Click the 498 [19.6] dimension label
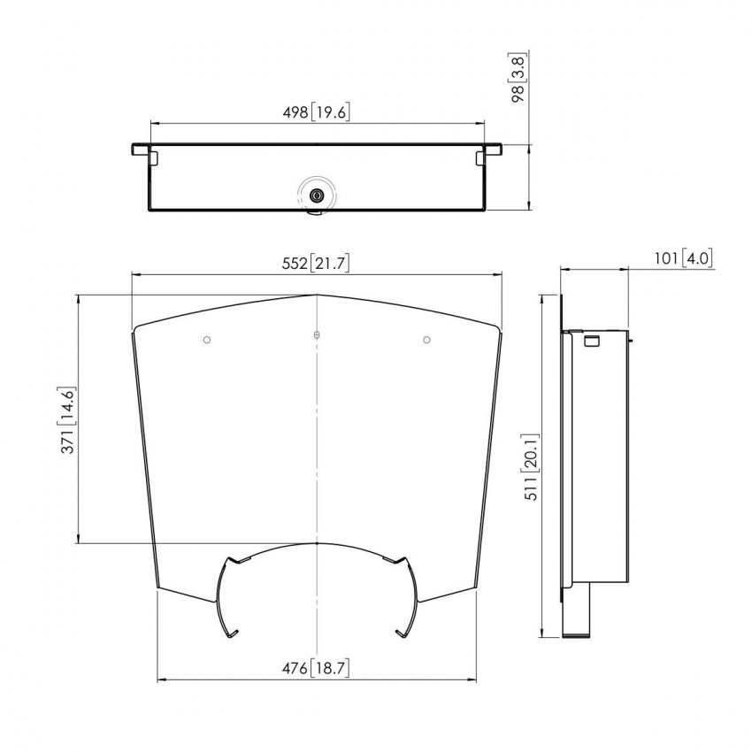click(317, 111)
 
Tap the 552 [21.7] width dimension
click(317, 263)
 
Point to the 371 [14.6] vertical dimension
click(67, 419)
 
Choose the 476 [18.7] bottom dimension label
click(317, 668)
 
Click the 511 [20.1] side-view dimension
click(529, 466)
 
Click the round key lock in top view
click(317, 196)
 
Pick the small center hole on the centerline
click(317, 335)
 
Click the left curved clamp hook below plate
click(223, 597)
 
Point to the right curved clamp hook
click(410, 597)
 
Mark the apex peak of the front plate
click(317, 295)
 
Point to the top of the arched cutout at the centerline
click(317, 543)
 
